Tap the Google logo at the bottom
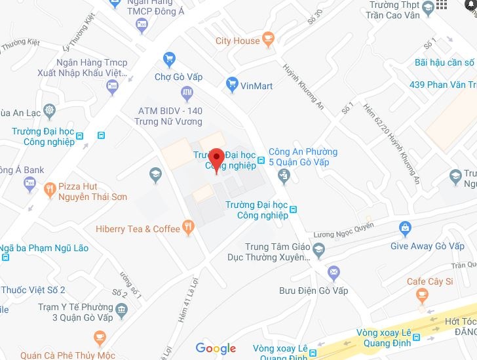point(216,348)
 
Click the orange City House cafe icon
point(267,41)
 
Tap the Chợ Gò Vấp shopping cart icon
point(170,59)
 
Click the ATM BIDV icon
point(187,92)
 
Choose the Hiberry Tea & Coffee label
point(138,229)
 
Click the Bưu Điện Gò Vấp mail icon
point(333,272)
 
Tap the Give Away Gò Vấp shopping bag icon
point(405,228)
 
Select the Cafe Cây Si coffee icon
point(422,297)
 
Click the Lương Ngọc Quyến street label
point(343,230)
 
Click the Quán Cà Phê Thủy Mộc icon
point(100,338)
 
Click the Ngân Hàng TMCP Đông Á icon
point(142,25)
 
